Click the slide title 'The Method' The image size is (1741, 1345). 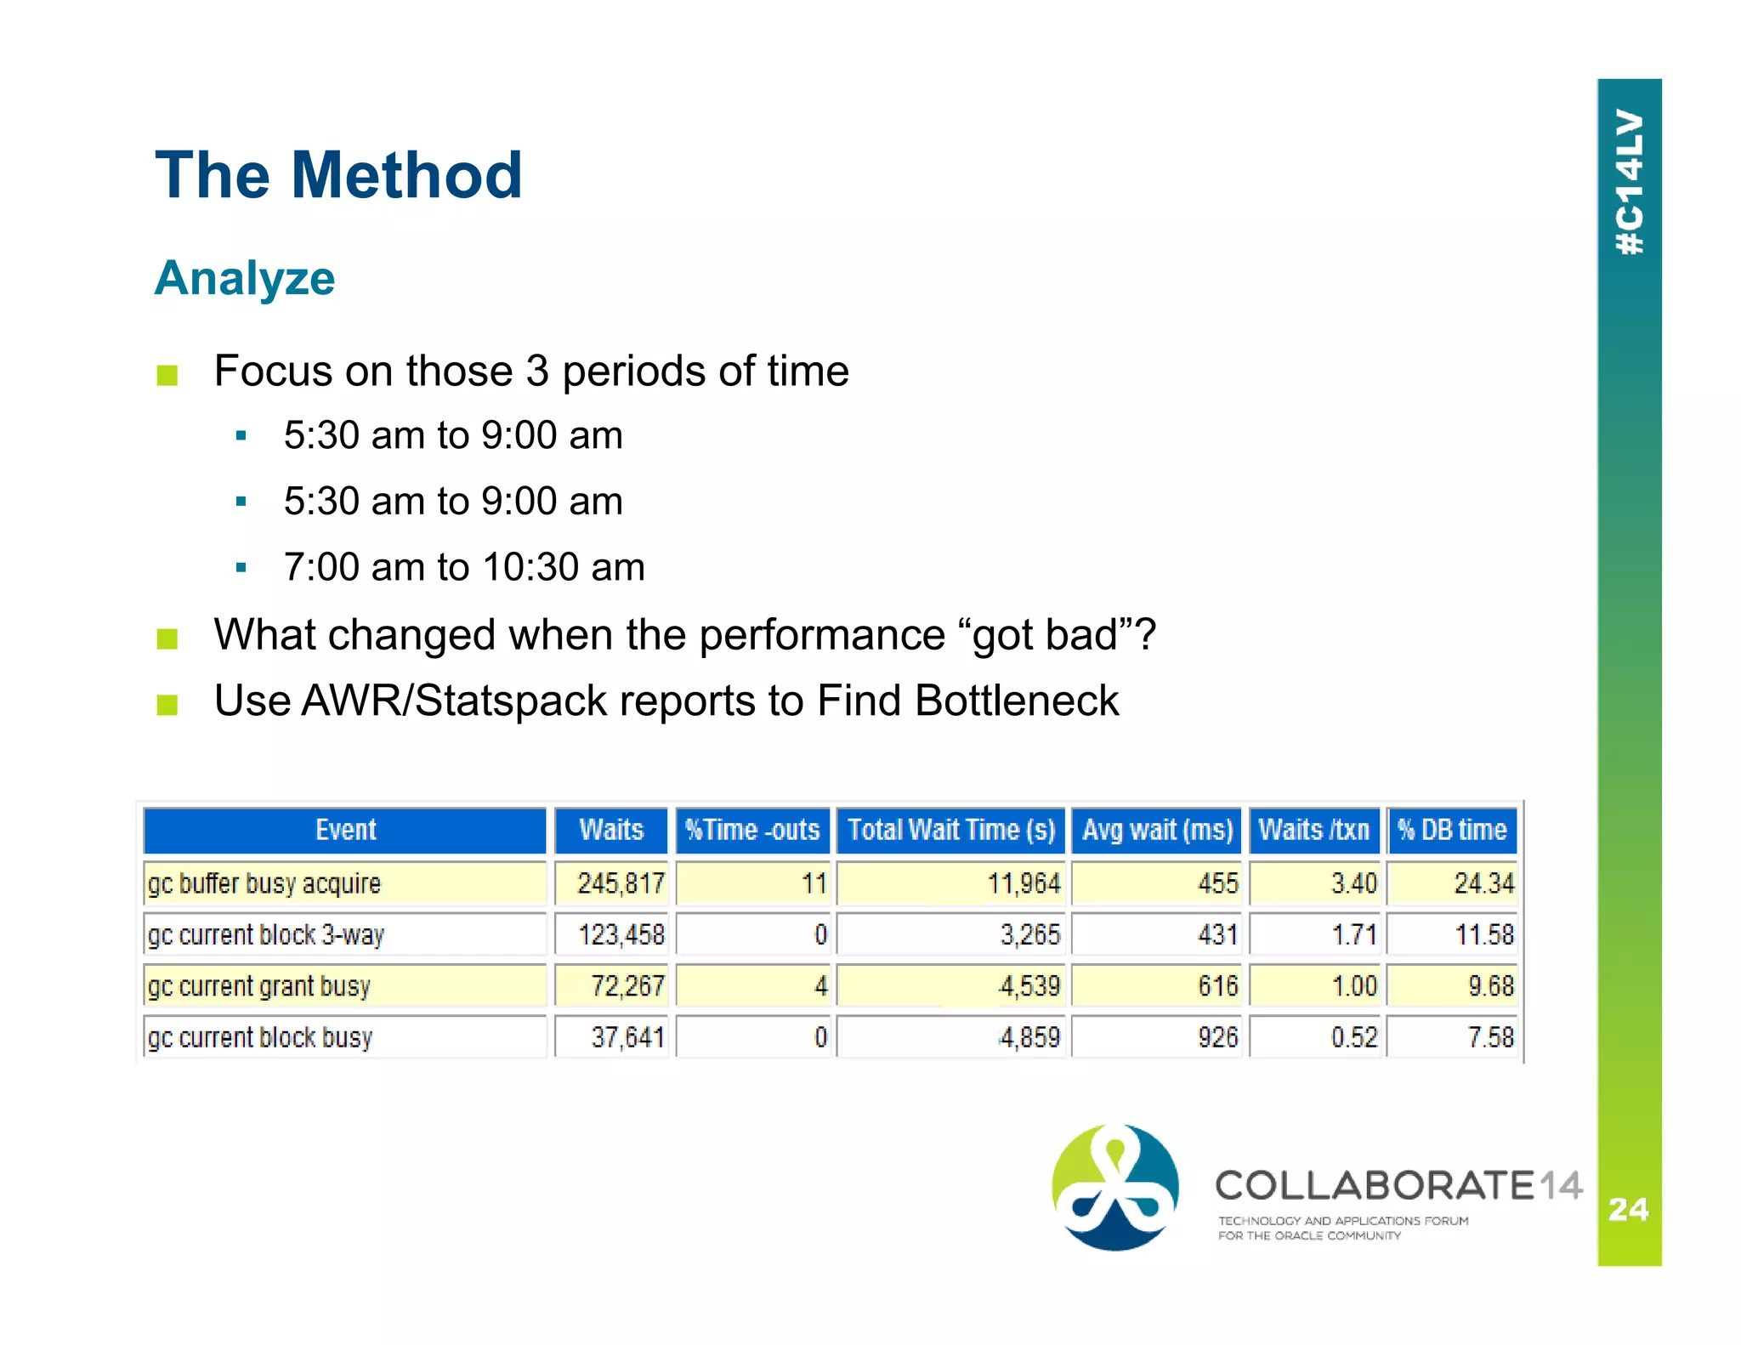pos(338,175)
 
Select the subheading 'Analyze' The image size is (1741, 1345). pos(245,278)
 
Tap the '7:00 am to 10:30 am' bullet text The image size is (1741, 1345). pos(464,567)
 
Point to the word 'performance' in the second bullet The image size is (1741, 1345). pos(822,635)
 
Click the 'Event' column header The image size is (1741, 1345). pos(344,830)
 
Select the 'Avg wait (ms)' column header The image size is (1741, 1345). pos(1157,830)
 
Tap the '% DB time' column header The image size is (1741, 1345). pos(1452,830)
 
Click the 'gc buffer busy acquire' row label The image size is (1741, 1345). pos(264,883)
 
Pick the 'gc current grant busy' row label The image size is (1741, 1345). pos(258,986)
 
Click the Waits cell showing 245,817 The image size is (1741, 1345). pos(620,883)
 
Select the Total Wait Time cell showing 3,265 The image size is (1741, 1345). pos(1029,935)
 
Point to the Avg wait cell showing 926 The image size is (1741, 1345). pos(1217,1037)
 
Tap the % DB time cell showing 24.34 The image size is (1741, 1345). pos(1483,883)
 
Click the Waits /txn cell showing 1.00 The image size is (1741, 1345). pos(1353,986)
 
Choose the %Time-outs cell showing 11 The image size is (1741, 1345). pos(814,883)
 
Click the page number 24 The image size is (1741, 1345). pos(1629,1209)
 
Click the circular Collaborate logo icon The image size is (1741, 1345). pos(1115,1188)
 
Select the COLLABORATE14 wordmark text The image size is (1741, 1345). pos(1398,1186)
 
